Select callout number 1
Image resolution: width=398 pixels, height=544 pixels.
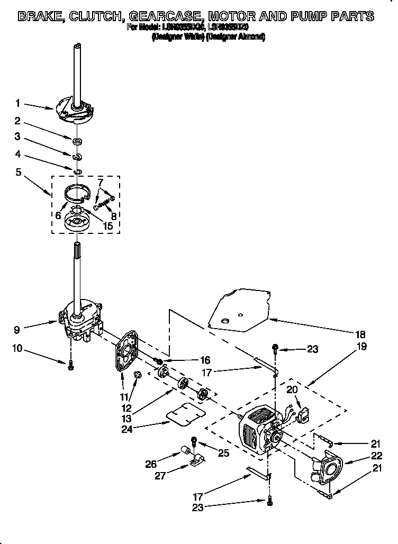coord(17,103)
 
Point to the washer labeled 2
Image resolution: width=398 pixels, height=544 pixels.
coord(77,141)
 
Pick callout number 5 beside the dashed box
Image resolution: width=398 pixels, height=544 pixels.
coord(17,171)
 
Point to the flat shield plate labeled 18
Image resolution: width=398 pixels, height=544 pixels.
coord(238,309)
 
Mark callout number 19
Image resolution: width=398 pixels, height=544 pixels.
coord(362,347)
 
